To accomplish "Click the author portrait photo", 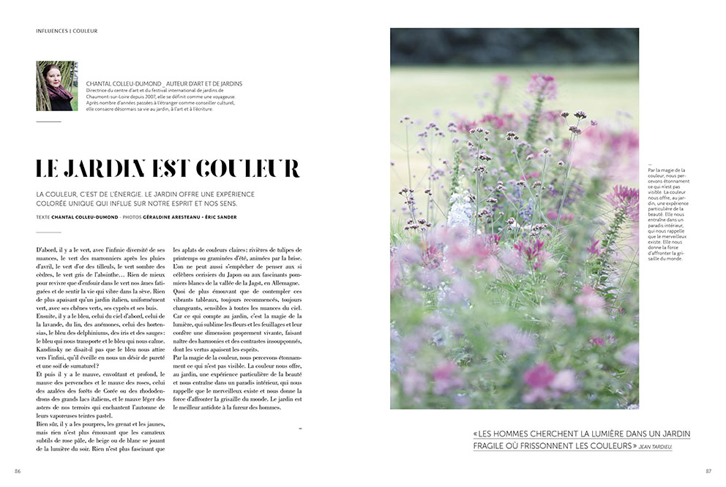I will coord(56,86).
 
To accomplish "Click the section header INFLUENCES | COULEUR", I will coord(67,31).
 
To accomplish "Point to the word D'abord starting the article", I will coord(48,250).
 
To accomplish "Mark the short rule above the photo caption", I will coord(651,165).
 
